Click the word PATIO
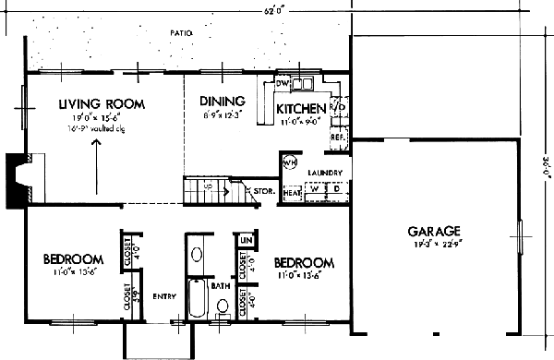[x=181, y=33]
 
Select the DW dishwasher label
[x=283, y=83]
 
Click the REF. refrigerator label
[x=337, y=137]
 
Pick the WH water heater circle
[x=289, y=163]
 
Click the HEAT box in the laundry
[x=293, y=193]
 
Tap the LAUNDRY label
[x=325, y=173]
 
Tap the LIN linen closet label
[x=245, y=240]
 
